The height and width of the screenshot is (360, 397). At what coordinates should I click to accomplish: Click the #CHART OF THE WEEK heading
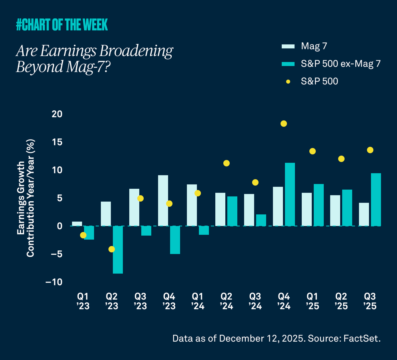(62, 25)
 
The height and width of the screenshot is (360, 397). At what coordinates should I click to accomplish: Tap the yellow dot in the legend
(288, 81)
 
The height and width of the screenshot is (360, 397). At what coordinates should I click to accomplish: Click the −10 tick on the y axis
(54, 282)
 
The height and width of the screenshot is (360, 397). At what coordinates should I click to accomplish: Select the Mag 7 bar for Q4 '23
(163, 201)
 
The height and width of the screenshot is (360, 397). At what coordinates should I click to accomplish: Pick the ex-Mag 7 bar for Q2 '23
(118, 250)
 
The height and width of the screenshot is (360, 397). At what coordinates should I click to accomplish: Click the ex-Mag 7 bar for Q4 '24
(290, 194)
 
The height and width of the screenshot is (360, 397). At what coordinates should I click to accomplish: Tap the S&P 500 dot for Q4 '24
(284, 124)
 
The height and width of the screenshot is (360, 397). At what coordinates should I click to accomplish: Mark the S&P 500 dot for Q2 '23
(112, 249)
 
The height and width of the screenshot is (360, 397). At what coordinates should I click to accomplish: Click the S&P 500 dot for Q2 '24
(227, 163)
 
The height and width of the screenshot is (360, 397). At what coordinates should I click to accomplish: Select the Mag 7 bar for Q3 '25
(364, 214)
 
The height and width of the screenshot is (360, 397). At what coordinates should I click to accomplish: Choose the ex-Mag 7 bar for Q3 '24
(261, 220)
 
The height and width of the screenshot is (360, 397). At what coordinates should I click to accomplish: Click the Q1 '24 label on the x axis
(198, 301)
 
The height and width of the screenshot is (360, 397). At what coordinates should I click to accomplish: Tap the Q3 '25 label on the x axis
(370, 301)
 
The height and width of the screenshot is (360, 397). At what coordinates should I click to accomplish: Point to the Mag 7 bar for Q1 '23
(77, 224)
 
